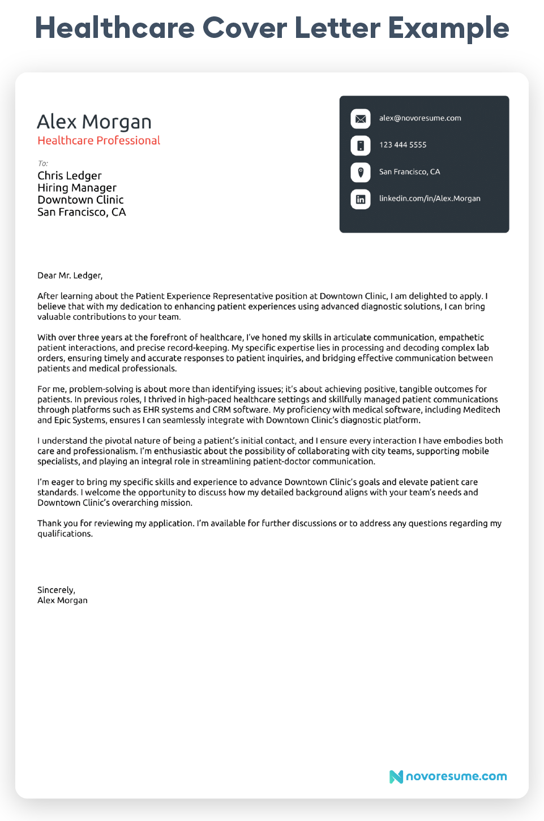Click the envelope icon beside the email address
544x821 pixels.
tap(361, 119)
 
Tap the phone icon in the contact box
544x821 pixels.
tap(361, 145)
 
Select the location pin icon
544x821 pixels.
tap(361, 172)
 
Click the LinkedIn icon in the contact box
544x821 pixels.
tap(361, 199)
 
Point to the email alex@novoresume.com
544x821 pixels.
tap(420, 118)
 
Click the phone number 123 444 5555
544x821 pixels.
tap(402, 145)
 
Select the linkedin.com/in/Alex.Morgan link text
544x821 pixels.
tap(430, 199)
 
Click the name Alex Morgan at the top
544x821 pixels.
tap(94, 122)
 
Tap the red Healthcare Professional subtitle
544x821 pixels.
tap(98, 140)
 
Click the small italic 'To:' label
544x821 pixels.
tap(43, 164)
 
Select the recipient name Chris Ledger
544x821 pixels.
tap(70, 175)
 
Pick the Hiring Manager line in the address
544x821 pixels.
tap(77, 188)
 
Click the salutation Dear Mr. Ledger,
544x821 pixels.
tap(70, 276)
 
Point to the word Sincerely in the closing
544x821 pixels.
tap(55, 590)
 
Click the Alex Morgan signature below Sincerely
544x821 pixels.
tap(62, 600)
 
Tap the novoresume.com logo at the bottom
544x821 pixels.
tap(448, 776)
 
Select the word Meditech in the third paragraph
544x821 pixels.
tap(481, 410)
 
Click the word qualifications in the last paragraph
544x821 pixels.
tap(64, 534)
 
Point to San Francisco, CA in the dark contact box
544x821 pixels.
tap(409, 172)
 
